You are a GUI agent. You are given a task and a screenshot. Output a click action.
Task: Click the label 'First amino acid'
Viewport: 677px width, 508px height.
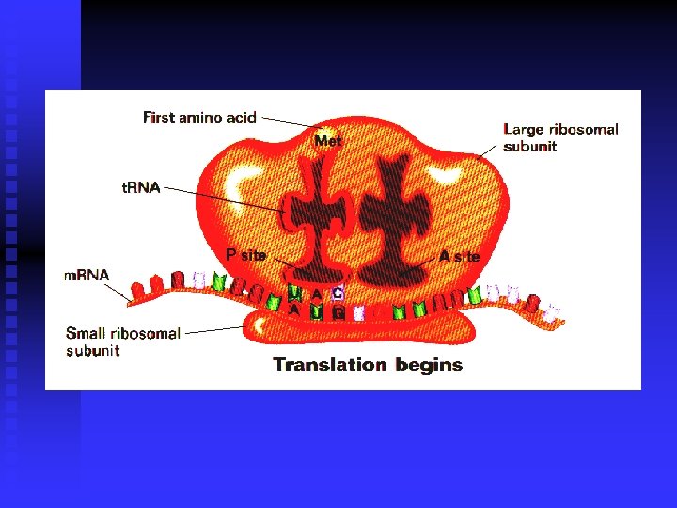click(199, 118)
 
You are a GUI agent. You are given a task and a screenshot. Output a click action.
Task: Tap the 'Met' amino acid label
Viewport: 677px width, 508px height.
click(328, 140)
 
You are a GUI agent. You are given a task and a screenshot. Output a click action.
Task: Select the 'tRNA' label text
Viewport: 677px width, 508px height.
click(141, 187)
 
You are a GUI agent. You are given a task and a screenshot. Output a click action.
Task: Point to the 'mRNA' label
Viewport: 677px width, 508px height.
click(87, 276)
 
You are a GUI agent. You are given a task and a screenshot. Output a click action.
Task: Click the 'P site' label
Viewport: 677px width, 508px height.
click(246, 255)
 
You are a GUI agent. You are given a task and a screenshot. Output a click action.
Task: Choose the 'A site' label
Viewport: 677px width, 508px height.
click(460, 256)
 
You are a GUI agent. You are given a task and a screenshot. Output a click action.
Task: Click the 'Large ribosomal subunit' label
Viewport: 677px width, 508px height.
click(560, 137)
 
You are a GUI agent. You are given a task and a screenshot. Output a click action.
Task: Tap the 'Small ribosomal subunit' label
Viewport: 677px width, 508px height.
click(122, 341)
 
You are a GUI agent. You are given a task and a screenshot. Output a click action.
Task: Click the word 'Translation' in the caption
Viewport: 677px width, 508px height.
click(329, 364)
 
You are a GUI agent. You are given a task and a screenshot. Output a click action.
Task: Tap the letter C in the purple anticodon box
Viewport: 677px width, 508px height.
click(338, 293)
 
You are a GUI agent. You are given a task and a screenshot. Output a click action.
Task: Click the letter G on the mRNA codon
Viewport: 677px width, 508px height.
click(338, 311)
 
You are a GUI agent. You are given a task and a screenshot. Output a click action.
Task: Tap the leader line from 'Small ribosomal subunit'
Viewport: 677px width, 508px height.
click(214, 329)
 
